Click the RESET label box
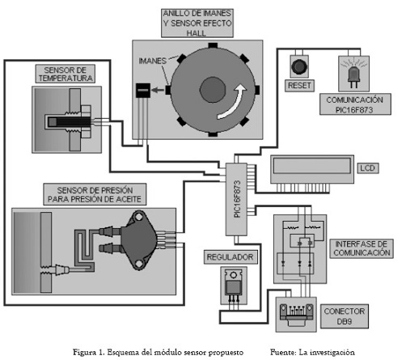[299, 86]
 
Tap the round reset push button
[299, 66]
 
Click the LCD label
[368, 168]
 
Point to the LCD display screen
[312, 166]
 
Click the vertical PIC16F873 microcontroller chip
[236, 199]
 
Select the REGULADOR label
[230, 257]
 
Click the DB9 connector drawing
[296, 315]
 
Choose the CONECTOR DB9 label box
[345, 316]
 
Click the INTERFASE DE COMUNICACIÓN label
[362, 248]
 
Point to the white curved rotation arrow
[234, 102]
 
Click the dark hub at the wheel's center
[213, 90]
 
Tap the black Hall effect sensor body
[143, 91]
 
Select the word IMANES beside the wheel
[152, 61]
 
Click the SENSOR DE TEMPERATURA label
[66, 74]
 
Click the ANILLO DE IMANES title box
[197, 23]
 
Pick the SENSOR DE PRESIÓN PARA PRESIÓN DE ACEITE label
[95, 194]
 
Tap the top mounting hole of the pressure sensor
[139, 217]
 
